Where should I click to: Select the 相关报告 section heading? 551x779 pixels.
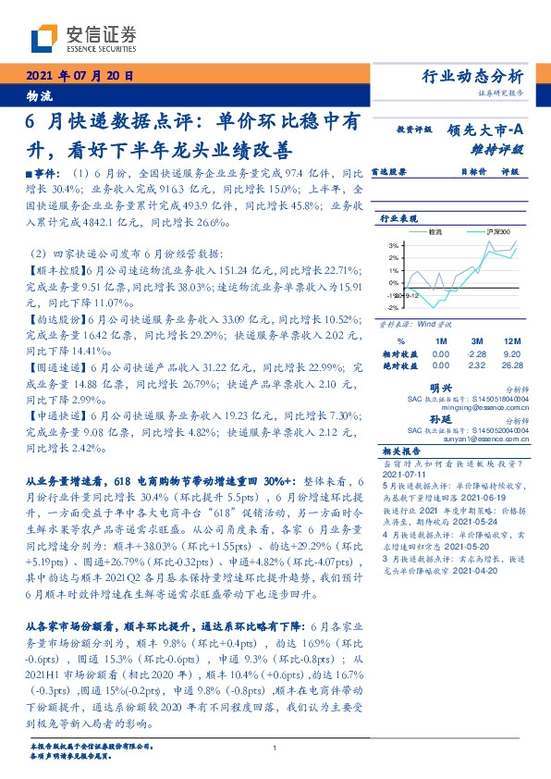402,450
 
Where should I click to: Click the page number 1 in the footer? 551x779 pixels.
275,748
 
